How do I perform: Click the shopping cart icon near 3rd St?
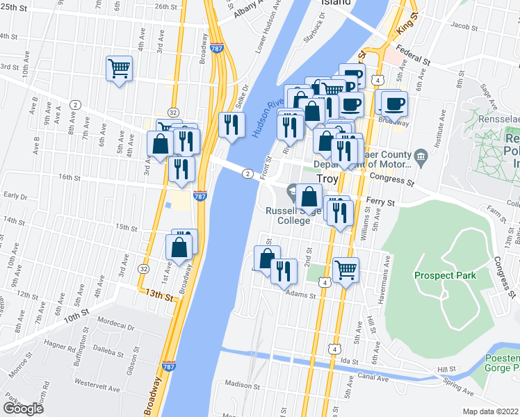120,69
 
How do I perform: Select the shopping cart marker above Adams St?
346,269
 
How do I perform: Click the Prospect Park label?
446,275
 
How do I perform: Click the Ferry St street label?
382,202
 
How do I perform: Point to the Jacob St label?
462,26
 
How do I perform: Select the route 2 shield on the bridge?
247,173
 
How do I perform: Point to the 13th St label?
158,295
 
